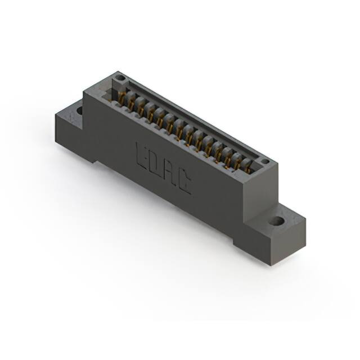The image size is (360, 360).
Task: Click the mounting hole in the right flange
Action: click(x=276, y=221)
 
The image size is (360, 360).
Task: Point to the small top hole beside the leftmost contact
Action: click(x=120, y=78)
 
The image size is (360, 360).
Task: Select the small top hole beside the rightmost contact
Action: click(x=265, y=161)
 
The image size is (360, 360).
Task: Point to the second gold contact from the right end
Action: click(x=238, y=160)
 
